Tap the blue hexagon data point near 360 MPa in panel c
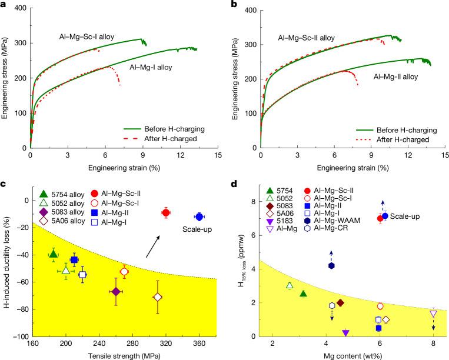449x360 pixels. (199, 217)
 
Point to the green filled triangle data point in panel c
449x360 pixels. (54, 254)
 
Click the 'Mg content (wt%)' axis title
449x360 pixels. (353, 355)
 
